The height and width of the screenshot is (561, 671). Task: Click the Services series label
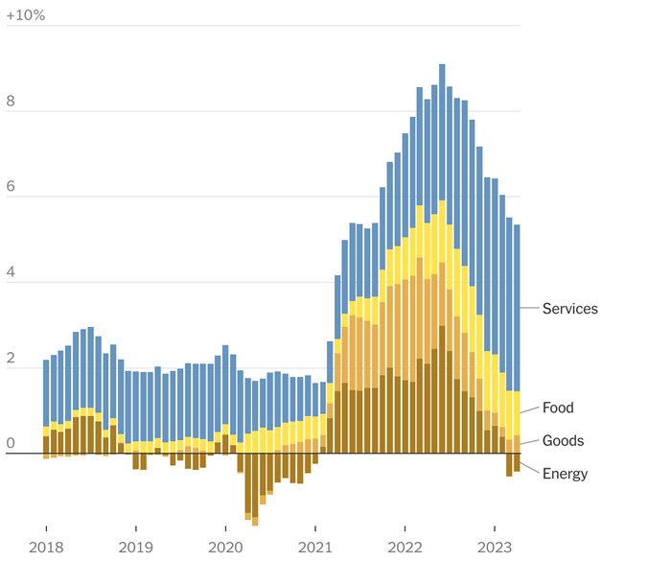pos(569,309)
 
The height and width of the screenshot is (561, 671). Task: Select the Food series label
pos(558,408)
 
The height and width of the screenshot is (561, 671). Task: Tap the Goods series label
pos(563,441)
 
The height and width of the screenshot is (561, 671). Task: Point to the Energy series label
pos(565,474)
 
